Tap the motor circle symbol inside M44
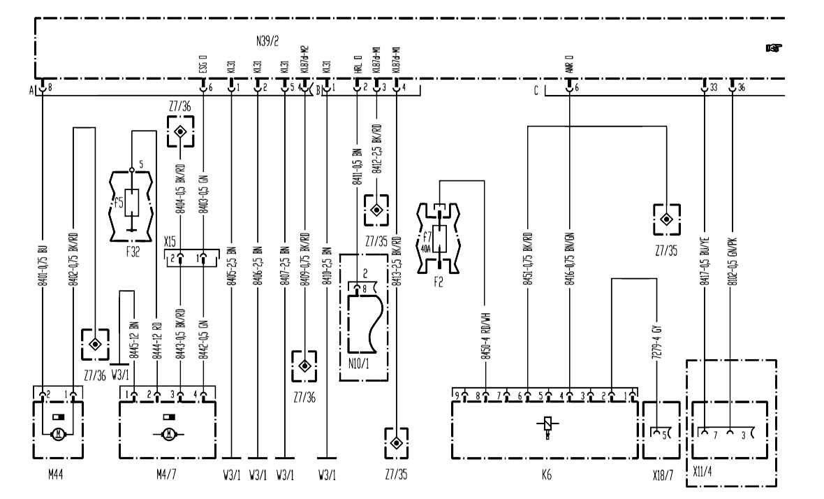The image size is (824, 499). click(x=59, y=433)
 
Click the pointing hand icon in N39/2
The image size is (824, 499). click(x=773, y=48)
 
